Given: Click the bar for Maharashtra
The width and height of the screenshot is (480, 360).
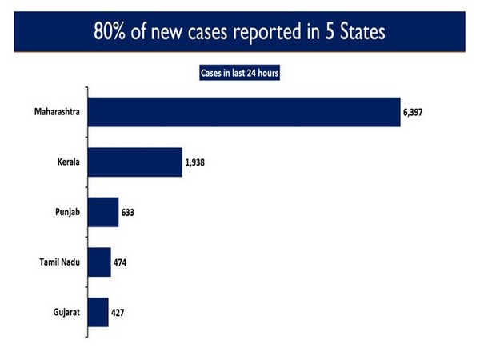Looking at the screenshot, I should coord(243,112).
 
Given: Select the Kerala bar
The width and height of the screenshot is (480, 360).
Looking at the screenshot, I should coord(134,162).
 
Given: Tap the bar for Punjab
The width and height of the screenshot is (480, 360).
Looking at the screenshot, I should coord(103,213).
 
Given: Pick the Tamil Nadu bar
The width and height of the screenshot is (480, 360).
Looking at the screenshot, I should coord(99,262).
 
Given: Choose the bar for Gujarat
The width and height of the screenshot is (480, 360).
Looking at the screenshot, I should coord(98,312).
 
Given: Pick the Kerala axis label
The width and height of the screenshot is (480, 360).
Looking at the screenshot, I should coord(62,162).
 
